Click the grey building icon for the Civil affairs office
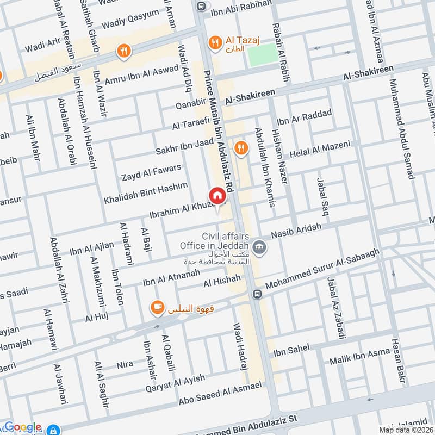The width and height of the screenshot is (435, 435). tap(260, 246)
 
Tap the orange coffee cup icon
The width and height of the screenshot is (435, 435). tap(158, 307)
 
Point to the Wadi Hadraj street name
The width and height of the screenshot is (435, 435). tap(240, 346)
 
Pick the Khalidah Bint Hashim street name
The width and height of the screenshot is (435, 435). tap(146, 193)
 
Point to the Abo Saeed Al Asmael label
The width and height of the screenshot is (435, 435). tap(221, 396)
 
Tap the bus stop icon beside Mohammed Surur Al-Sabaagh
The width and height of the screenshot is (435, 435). tap(258, 294)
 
